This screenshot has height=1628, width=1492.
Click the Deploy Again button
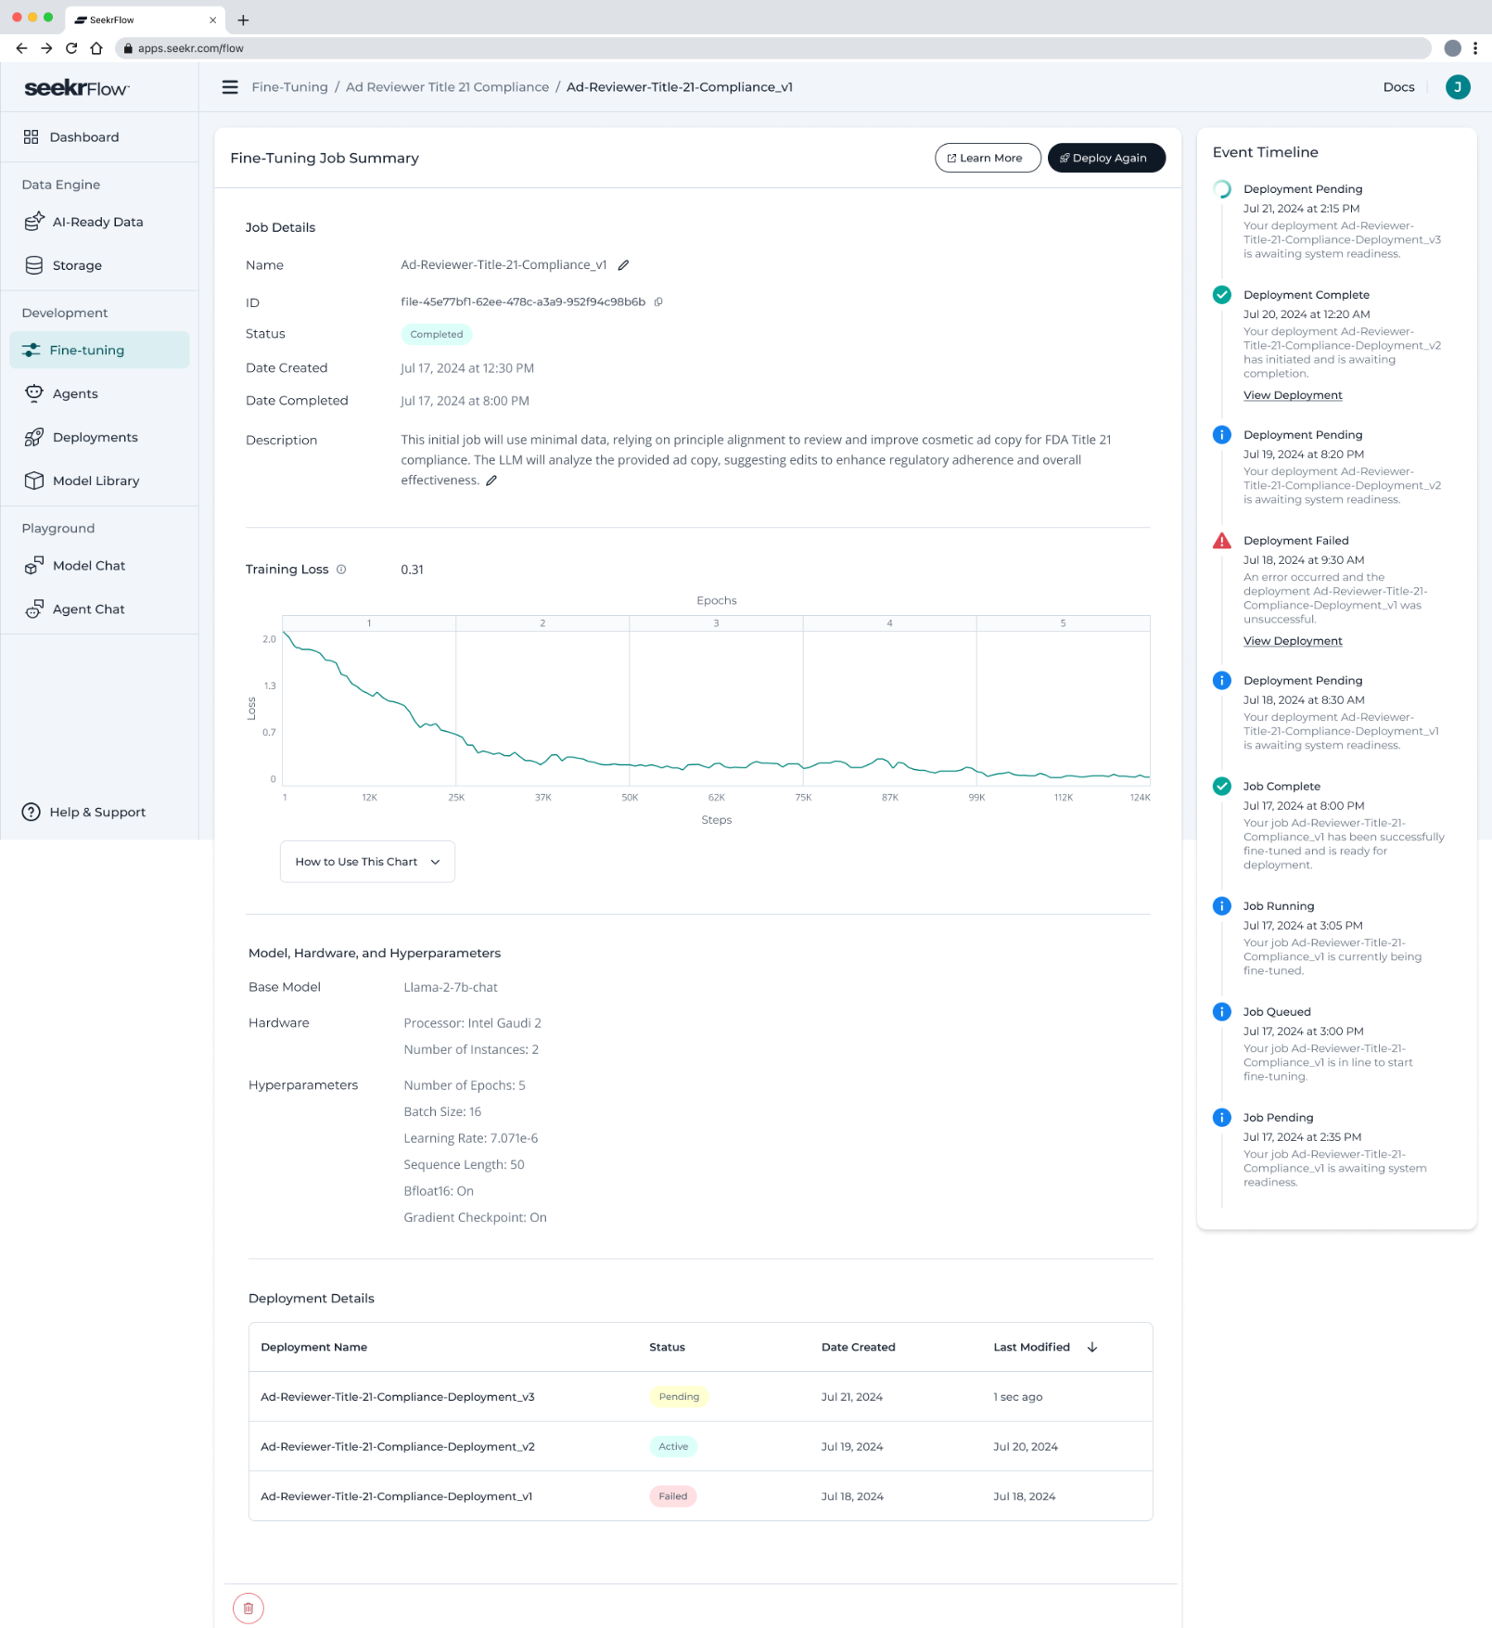pyautogui.click(x=1105, y=158)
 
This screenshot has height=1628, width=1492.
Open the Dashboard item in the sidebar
pyautogui.click(x=83, y=137)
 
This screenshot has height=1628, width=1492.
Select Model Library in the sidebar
pyautogui.click(x=96, y=481)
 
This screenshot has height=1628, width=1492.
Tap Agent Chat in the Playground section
pyautogui.click(x=88, y=609)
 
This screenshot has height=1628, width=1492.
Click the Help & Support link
pyautogui.click(x=96, y=812)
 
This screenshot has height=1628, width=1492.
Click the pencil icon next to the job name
pyautogui.click(x=624, y=265)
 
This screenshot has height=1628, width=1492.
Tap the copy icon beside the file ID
pyautogui.click(x=658, y=301)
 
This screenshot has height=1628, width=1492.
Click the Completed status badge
pyautogui.click(x=436, y=334)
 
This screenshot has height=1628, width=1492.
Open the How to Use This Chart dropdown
pyautogui.click(x=367, y=862)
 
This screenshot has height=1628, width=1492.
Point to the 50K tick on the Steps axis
pyautogui.click(x=630, y=798)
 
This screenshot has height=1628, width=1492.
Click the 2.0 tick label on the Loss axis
pyautogui.click(x=269, y=639)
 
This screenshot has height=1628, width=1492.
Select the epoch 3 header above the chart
pyautogui.click(x=716, y=623)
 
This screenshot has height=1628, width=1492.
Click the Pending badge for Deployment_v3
pyautogui.click(x=679, y=1397)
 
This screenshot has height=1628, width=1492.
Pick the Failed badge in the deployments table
pyautogui.click(x=672, y=1496)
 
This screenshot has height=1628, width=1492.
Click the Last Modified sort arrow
pyautogui.click(x=1092, y=1347)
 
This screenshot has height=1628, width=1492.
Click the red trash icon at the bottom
pyautogui.click(x=249, y=1608)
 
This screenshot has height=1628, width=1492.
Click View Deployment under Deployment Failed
pyautogui.click(x=1293, y=641)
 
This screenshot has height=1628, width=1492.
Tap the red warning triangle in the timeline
pyautogui.click(x=1222, y=541)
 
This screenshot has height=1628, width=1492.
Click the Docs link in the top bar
pyautogui.click(x=1398, y=87)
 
